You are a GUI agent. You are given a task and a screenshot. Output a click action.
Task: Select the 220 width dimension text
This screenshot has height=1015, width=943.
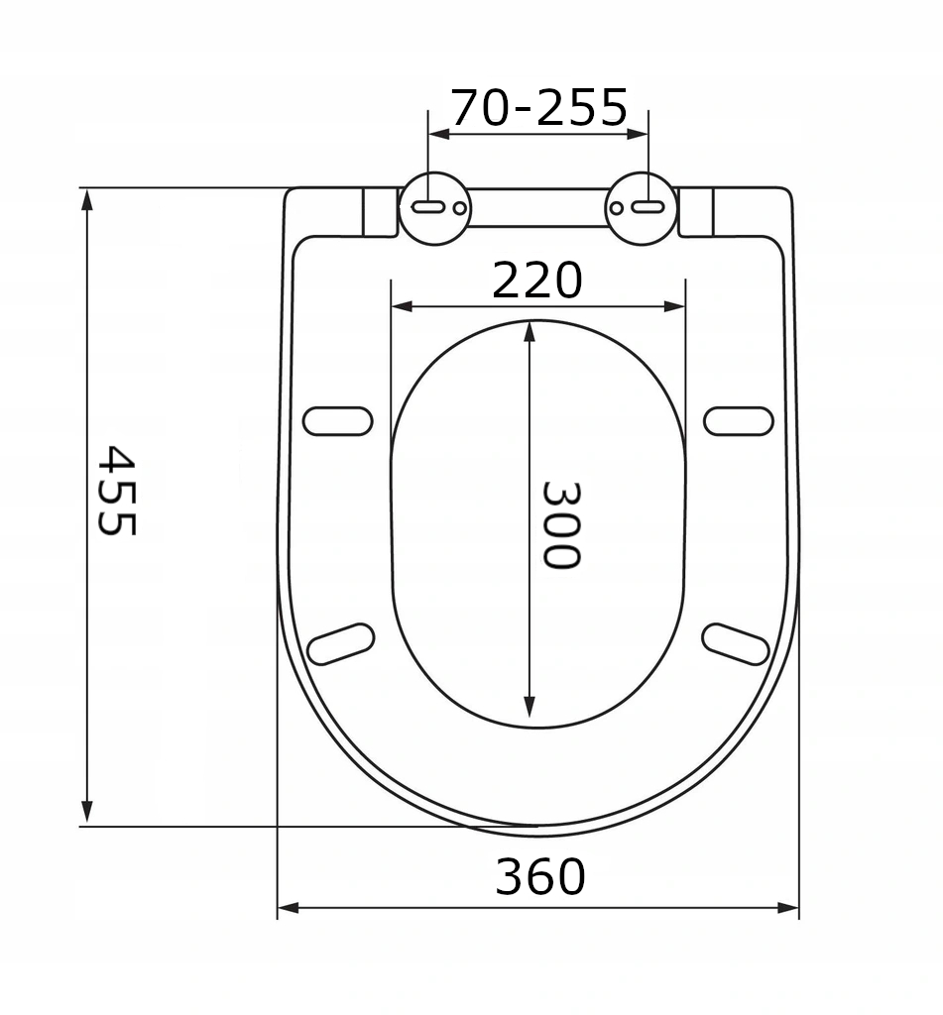tap(537, 282)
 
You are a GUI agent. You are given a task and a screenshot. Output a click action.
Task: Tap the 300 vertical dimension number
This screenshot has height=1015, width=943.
tap(560, 524)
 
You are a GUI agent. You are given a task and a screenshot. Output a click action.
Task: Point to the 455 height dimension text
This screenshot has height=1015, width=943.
tap(116, 491)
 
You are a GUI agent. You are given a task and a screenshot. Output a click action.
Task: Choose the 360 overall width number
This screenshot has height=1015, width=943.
tap(540, 877)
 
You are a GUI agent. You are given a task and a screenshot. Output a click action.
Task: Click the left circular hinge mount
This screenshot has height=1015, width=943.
tap(434, 207)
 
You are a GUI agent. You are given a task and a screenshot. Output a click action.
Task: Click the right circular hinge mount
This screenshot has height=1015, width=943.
tap(642, 207)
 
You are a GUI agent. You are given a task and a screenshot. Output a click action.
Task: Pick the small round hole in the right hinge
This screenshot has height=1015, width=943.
tap(617, 208)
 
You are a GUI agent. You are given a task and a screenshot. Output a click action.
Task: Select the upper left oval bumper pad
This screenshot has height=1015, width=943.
tap(337, 421)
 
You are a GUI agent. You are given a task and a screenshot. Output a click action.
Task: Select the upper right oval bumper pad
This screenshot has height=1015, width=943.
tap(739, 421)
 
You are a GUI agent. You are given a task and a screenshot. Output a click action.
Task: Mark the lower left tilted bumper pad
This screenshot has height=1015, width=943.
tap(340, 643)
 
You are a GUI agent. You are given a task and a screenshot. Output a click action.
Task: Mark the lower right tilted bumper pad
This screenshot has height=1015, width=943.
tap(736, 643)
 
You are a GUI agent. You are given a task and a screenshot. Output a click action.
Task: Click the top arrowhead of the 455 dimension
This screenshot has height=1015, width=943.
tap(87, 198)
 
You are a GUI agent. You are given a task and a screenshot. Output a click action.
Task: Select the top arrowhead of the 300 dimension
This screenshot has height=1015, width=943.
tap(530, 331)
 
